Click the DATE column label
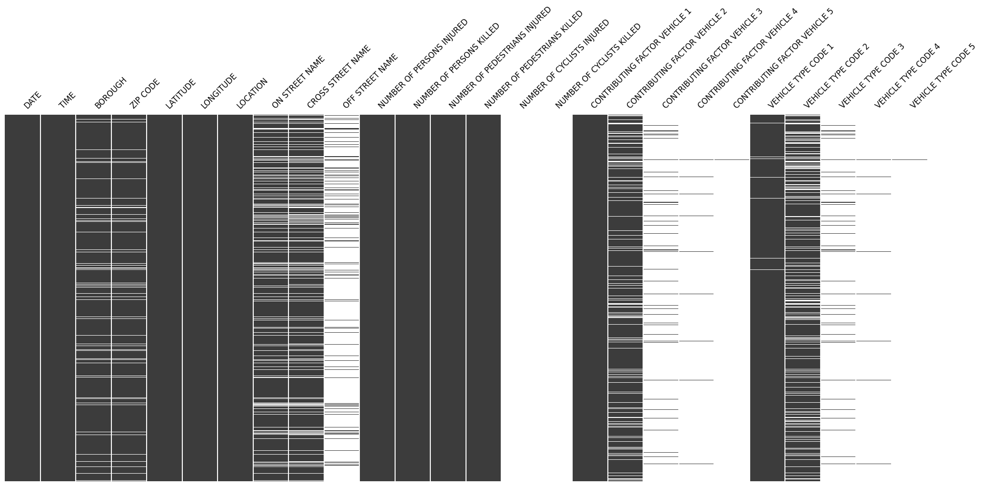(32, 100)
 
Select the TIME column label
(67, 100)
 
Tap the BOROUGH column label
(111, 93)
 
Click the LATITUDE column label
(180, 94)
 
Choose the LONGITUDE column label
(218, 91)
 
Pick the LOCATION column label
(252, 93)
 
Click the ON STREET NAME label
(298, 82)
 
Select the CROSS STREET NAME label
(338, 78)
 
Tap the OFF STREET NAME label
(370, 81)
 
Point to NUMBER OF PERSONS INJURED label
(423, 64)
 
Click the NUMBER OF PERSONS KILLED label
(456, 66)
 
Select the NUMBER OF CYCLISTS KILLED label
(598, 66)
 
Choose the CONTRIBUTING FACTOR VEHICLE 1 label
(641, 59)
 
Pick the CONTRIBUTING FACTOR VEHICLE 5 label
(783, 59)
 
